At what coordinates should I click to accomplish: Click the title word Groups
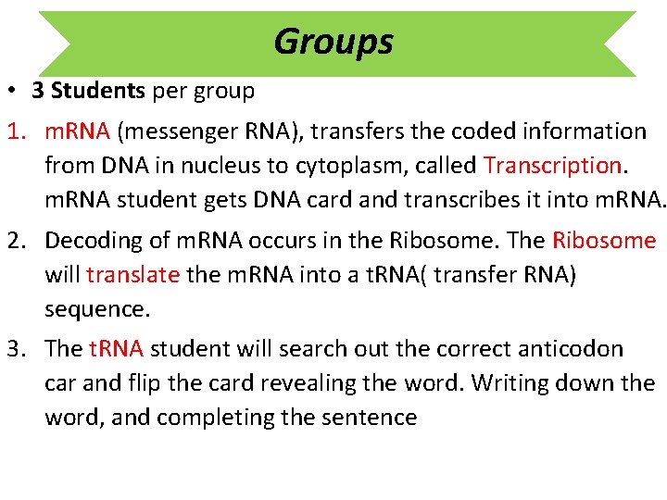pos(333,42)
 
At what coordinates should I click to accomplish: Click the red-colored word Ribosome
pos(604,241)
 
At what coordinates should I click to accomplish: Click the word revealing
pos(300,383)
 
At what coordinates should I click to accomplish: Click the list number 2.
pos(16,241)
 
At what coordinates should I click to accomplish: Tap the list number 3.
pos(16,349)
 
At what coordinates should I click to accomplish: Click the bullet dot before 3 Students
pos(16,92)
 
